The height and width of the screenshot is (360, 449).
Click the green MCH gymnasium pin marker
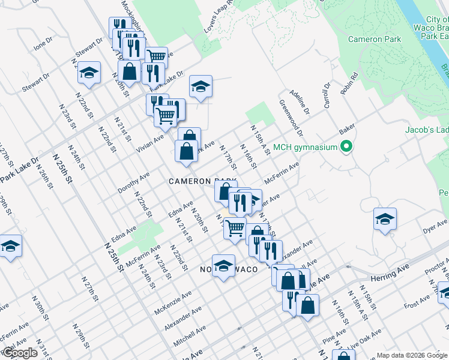(x=346, y=146)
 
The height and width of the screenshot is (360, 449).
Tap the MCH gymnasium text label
(x=306, y=147)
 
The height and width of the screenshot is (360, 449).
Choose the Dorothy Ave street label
(x=133, y=181)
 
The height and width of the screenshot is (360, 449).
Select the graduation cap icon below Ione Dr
(x=89, y=73)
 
